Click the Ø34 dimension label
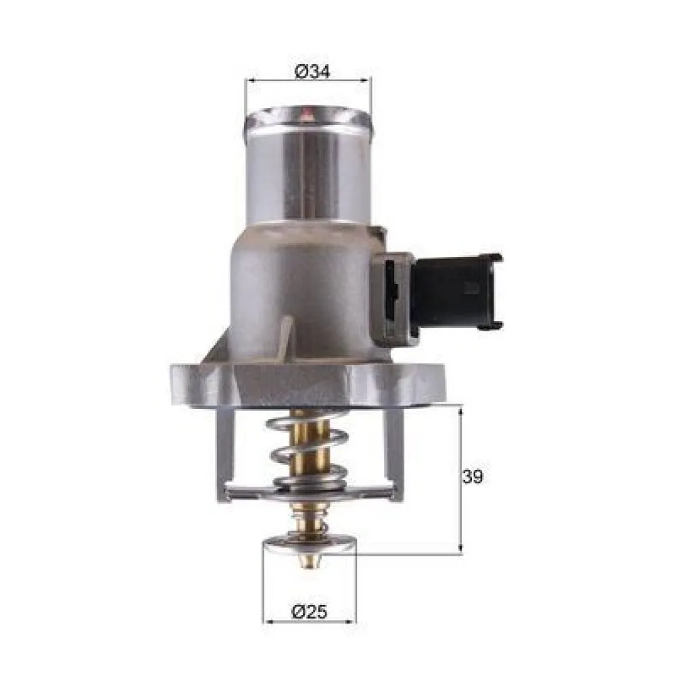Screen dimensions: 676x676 click(312, 71)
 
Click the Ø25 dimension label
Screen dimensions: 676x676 click(310, 612)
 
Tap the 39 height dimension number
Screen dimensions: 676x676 click(473, 477)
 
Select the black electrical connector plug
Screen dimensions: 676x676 click(457, 291)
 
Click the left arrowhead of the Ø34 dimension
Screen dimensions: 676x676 click(251, 80)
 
